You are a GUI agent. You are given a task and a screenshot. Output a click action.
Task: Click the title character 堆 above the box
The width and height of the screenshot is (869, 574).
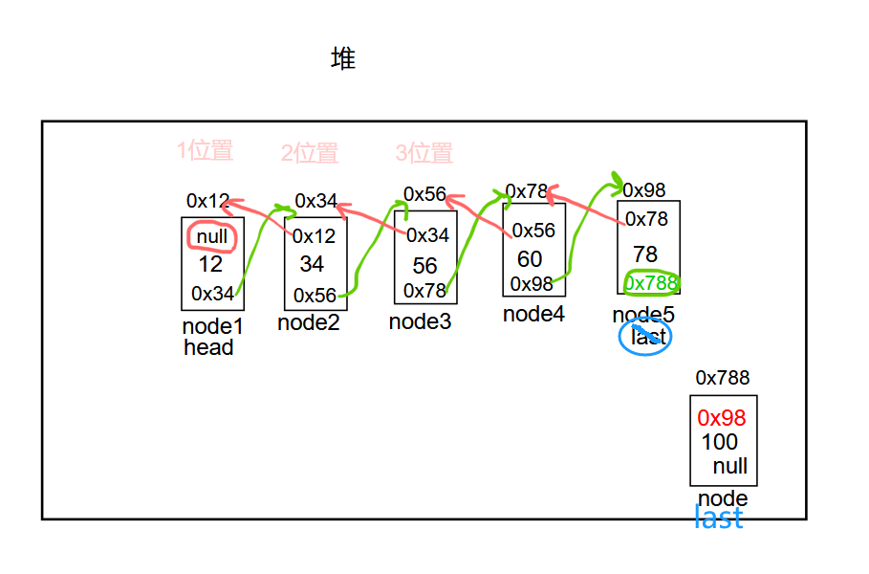point(343,59)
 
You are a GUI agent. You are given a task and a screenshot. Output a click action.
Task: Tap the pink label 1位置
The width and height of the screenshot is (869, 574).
point(205,150)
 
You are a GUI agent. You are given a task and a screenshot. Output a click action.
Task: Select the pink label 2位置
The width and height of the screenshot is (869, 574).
point(309,153)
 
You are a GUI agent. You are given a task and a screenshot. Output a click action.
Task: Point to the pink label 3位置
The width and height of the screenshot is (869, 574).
point(424,153)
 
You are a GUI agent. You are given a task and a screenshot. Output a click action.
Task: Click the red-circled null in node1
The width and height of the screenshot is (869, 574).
point(212,236)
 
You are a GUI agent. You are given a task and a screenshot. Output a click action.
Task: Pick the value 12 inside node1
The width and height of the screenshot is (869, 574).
point(210,264)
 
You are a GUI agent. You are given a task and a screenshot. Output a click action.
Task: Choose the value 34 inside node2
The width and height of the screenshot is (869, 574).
point(312,263)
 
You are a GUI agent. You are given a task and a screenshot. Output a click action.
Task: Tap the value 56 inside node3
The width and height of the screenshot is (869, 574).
point(425,266)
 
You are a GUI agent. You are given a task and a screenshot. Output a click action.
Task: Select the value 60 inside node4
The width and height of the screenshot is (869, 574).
point(530,259)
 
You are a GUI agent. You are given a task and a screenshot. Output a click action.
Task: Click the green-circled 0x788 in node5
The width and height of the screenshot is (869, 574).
point(651,283)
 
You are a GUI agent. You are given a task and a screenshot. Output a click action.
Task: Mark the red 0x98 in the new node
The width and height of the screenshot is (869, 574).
point(722,418)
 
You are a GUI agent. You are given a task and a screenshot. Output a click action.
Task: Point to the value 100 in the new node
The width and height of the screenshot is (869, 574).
point(720,442)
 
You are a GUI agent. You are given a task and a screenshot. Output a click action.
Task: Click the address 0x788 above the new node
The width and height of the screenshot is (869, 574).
point(723,378)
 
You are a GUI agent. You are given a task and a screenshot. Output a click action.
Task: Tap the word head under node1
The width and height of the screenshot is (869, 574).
point(208,347)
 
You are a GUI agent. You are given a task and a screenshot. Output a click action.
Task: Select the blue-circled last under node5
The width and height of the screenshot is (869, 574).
point(647,337)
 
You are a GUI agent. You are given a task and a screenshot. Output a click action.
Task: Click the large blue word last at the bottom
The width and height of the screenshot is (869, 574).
point(718,519)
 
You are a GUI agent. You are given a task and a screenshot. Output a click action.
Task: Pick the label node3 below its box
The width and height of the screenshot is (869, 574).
point(420,321)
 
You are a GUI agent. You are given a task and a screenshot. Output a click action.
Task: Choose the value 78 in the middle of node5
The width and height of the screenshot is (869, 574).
point(645,254)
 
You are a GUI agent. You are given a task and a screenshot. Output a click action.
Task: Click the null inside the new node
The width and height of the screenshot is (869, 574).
point(730,466)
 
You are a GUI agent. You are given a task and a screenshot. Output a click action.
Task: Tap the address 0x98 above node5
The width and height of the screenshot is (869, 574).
point(643,190)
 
